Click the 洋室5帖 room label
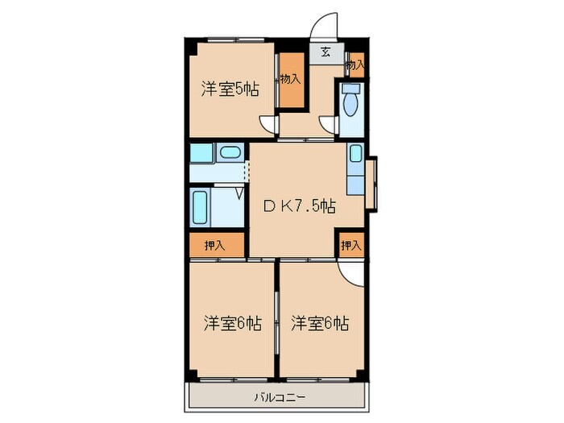[x=230, y=89]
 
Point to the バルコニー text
[x=276, y=397]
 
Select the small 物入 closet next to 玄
[x=355, y=64]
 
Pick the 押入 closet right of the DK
[x=350, y=246]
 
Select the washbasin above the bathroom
[x=230, y=152]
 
